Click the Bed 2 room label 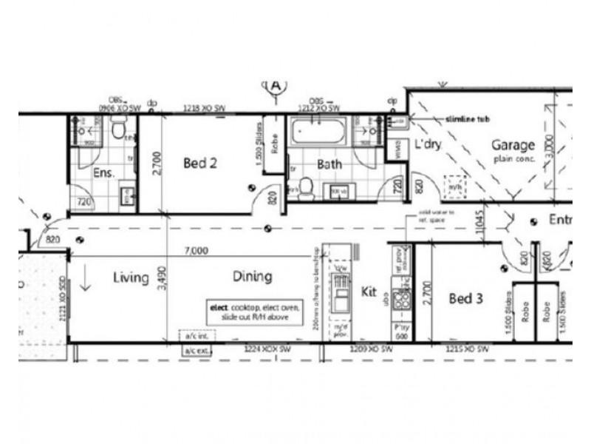tap(199, 163)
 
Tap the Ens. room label tap(102, 173)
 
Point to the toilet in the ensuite tap(118, 130)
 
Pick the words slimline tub tap(468, 118)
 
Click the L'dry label tap(427, 144)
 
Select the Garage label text tap(513, 145)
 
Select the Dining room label tap(252, 277)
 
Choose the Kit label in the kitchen tap(369, 292)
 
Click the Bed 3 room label tap(466, 299)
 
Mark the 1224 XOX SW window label tap(269, 348)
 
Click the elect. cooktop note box tap(247, 311)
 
